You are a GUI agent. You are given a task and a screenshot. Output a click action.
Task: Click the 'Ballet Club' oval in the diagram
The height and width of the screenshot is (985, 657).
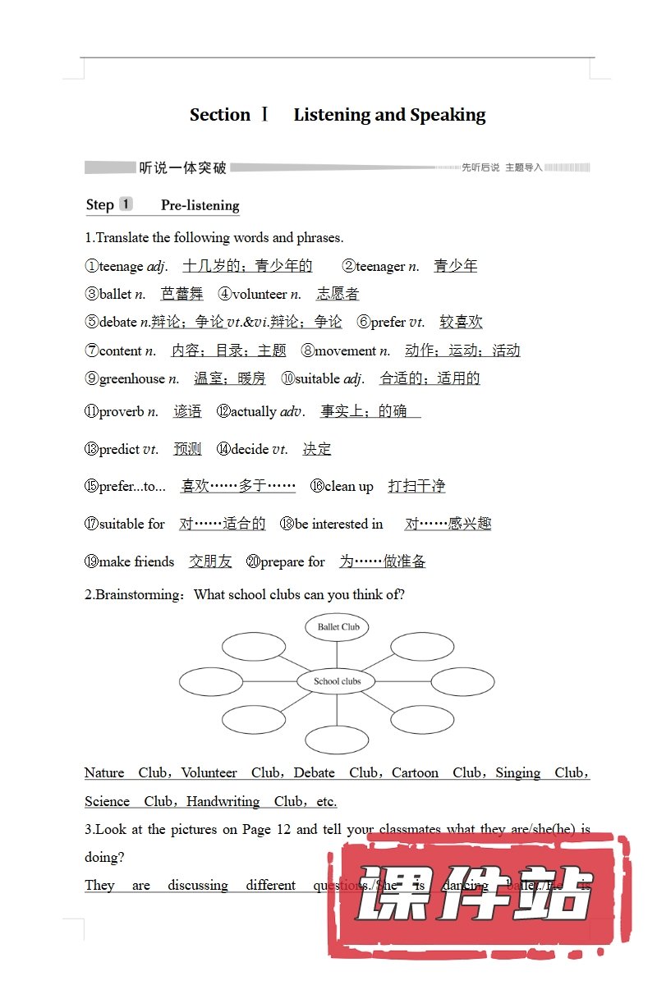(x=338, y=627)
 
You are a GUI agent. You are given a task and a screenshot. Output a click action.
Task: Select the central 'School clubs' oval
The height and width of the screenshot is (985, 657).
(x=337, y=681)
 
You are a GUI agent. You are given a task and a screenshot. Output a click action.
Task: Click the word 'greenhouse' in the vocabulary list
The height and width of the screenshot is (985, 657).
(x=131, y=378)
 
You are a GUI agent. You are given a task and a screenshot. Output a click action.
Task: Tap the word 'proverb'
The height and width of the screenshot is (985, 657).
(x=122, y=411)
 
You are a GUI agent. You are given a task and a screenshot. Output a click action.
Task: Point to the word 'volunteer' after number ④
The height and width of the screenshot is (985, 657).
(x=260, y=294)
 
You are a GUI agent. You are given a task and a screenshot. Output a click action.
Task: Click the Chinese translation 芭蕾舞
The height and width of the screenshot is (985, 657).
(x=181, y=294)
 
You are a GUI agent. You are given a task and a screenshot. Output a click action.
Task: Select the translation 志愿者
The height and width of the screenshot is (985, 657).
(x=338, y=294)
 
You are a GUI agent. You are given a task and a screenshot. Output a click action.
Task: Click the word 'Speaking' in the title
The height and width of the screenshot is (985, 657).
(x=448, y=115)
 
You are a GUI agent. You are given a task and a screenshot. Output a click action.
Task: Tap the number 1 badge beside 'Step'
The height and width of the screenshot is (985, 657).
(x=126, y=204)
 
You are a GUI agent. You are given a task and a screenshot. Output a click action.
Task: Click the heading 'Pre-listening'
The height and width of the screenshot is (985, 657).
(x=200, y=205)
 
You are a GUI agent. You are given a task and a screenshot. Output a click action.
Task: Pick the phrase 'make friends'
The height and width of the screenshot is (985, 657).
(x=136, y=561)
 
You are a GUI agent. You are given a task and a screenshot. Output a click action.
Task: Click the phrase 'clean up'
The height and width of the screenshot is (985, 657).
(x=348, y=486)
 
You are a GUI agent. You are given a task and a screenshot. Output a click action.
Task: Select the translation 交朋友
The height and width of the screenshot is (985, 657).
(x=210, y=561)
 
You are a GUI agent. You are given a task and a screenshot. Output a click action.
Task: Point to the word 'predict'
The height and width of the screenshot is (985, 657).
(x=119, y=449)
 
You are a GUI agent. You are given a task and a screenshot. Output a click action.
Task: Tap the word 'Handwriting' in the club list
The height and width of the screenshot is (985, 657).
(x=223, y=801)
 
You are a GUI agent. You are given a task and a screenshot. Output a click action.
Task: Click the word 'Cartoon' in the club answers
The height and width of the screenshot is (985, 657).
(x=415, y=772)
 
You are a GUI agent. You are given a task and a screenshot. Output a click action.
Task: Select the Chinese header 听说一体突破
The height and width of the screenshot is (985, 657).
(x=182, y=168)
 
